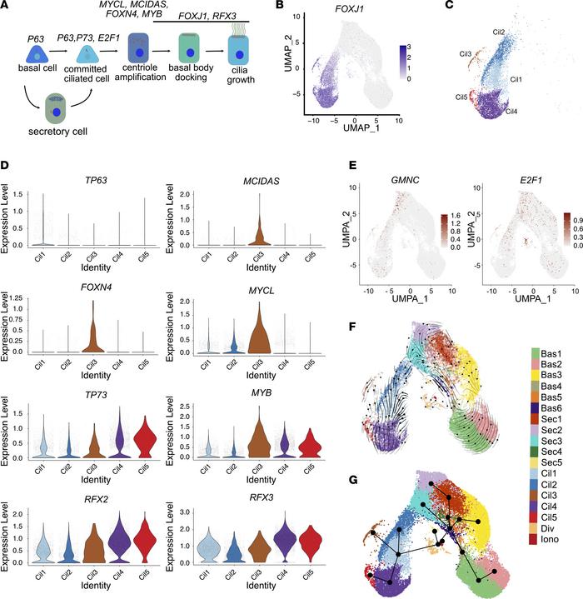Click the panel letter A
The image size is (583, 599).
click(7, 7)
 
